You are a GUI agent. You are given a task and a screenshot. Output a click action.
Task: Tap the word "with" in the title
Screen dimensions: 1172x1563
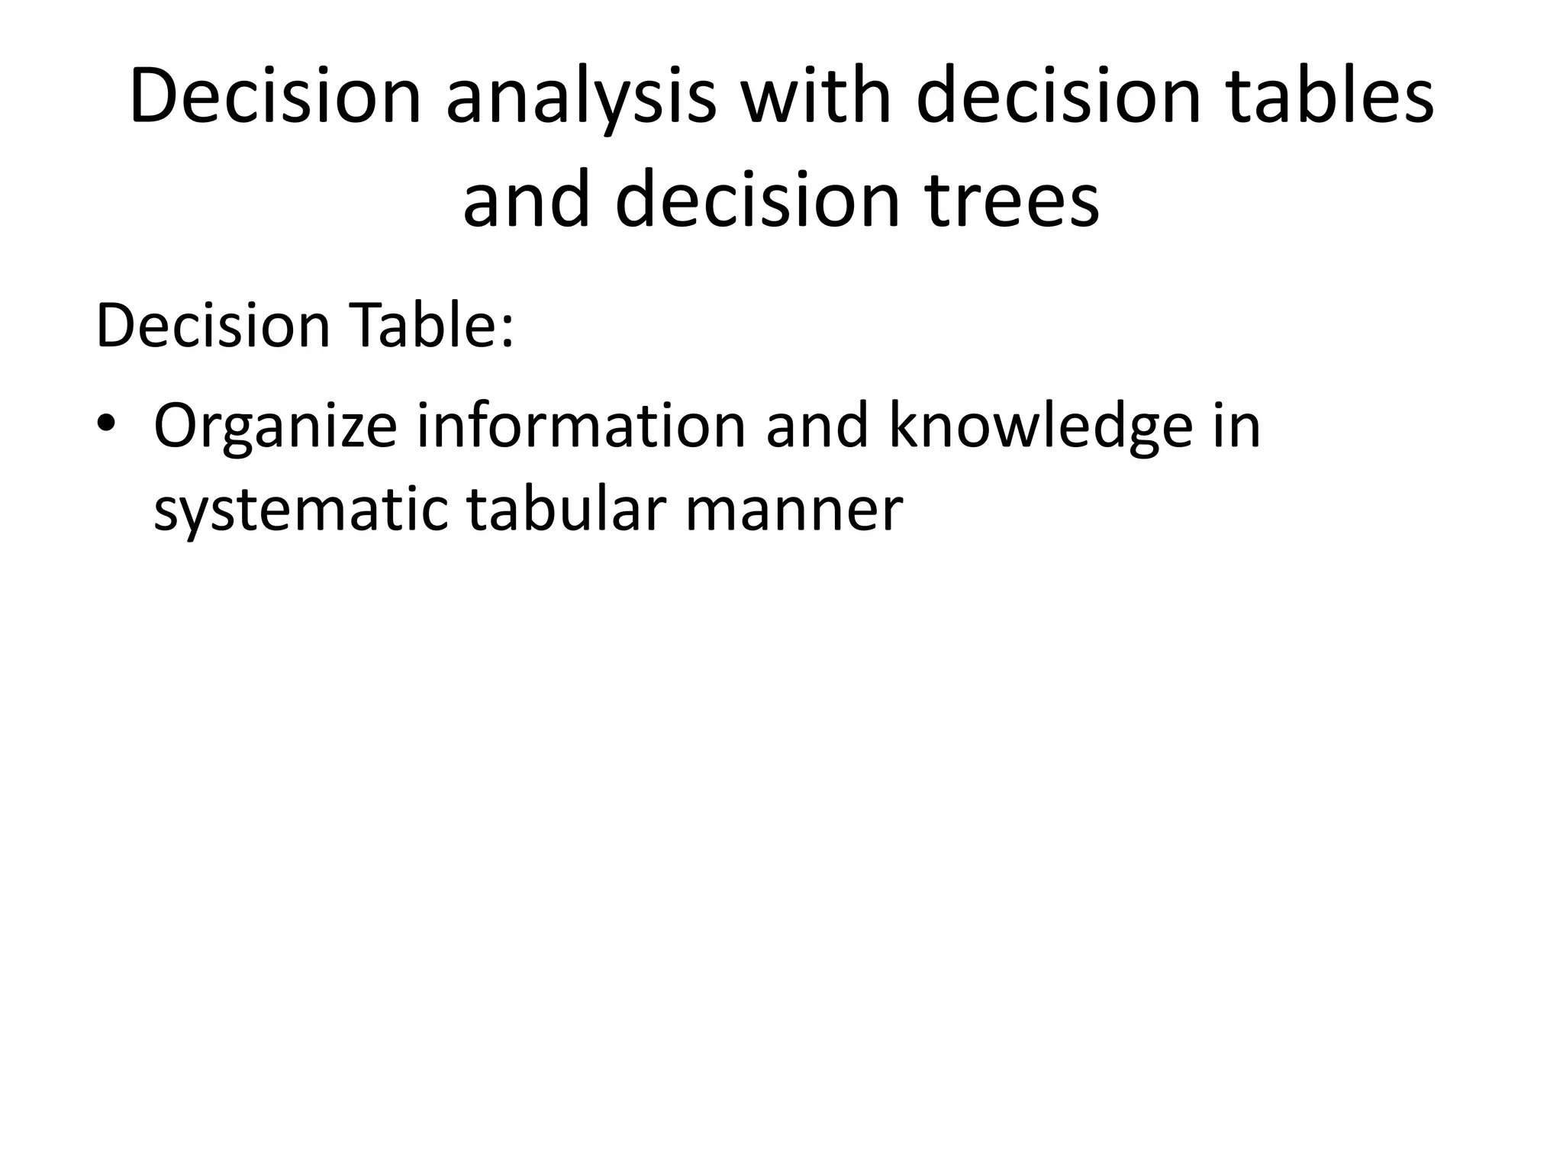804,98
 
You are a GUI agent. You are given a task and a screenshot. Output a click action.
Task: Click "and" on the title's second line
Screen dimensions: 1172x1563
527,200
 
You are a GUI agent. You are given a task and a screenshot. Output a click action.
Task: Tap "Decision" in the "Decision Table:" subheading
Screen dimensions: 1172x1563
213,326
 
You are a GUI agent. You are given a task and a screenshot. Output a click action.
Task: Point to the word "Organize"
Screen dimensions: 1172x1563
275,427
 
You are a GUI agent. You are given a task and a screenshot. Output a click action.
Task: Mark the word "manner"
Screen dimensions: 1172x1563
794,510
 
